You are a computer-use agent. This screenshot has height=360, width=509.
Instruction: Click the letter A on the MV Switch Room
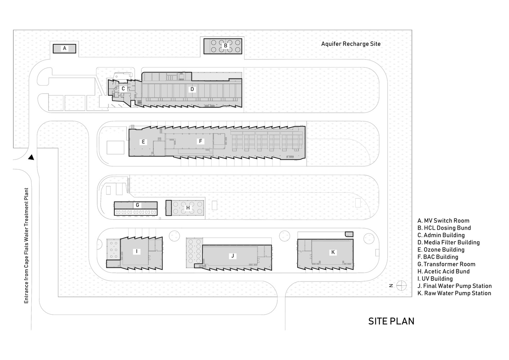[64, 48]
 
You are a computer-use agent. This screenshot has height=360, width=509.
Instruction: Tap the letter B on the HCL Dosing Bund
[226, 46]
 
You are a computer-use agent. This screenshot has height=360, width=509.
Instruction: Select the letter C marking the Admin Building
[123, 89]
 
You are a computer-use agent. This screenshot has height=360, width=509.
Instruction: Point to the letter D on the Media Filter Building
[192, 89]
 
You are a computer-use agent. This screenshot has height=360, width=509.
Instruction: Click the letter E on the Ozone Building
[143, 142]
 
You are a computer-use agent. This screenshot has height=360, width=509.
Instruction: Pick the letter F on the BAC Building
[201, 141]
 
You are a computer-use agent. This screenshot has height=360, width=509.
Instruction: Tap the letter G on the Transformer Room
[137, 205]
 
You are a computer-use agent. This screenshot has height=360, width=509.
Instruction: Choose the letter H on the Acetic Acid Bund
[188, 208]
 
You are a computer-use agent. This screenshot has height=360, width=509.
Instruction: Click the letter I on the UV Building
[136, 251]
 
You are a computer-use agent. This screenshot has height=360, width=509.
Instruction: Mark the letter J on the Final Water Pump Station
[233, 256]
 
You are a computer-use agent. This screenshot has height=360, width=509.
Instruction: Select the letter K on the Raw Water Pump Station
[333, 252]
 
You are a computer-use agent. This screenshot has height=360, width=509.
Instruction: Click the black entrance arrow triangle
[31, 157]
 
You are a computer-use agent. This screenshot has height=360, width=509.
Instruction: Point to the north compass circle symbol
[401, 286]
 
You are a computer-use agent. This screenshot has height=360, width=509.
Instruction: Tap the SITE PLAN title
[391, 321]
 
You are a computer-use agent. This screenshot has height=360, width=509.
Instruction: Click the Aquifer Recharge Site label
[351, 44]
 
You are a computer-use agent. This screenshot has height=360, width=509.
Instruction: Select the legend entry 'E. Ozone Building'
[441, 249]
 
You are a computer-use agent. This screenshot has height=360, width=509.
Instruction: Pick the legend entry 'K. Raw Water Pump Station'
[454, 293]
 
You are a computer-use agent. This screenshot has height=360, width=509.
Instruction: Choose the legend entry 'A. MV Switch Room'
[443, 220]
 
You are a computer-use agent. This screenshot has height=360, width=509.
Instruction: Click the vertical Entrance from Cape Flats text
[27, 246]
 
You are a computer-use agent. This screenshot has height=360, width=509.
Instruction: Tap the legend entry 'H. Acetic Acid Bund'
[443, 271]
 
